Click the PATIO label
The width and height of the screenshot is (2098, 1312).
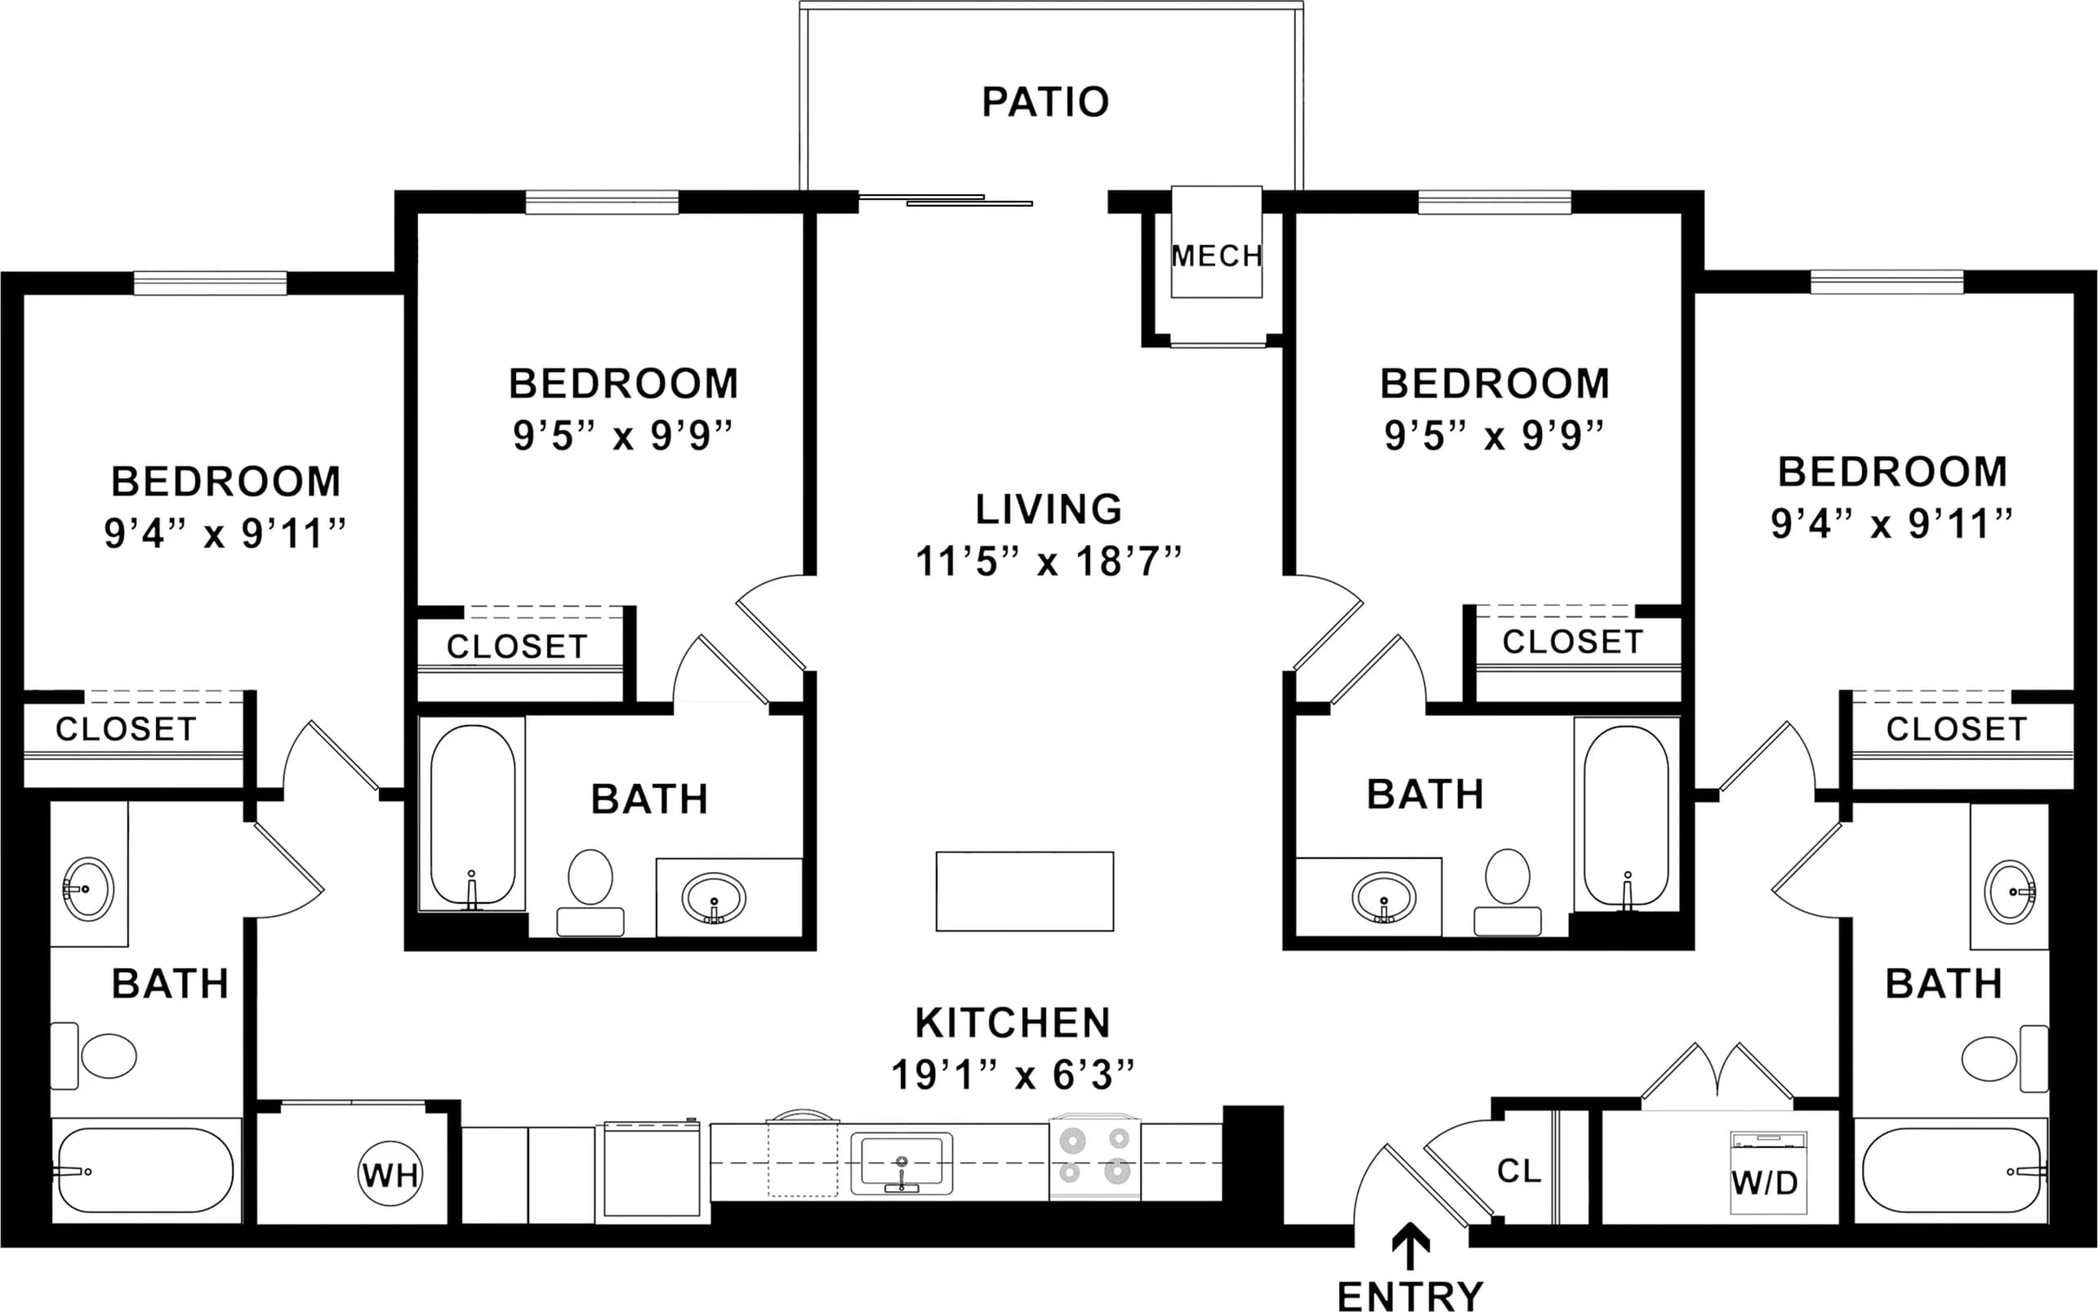tap(1045, 101)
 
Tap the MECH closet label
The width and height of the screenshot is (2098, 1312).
tap(1216, 256)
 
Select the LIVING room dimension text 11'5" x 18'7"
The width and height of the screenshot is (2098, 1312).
tap(1049, 562)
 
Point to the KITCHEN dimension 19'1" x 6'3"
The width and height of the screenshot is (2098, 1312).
tap(1013, 1075)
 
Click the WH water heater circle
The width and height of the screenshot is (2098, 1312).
tap(390, 1175)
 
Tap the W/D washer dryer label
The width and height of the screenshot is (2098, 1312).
tap(1764, 1183)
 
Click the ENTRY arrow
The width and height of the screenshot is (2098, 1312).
tap(1410, 1247)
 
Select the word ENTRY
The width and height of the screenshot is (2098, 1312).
tap(1410, 1296)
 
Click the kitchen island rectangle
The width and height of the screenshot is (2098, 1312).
tap(1024, 892)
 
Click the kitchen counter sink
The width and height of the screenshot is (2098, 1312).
tap(901, 1163)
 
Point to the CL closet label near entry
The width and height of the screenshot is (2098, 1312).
tap(1519, 1171)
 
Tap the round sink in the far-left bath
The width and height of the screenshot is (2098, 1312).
tap(87, 888)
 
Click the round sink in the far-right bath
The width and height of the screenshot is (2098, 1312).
tap(2011, 892)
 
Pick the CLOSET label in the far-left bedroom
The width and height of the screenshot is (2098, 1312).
tap(127, 730)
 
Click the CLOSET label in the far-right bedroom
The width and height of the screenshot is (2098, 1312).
tap(1957, 730)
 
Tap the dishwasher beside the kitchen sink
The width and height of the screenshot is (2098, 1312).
tap(652, 1168)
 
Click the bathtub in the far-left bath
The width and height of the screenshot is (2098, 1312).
tap(143, 1171)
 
